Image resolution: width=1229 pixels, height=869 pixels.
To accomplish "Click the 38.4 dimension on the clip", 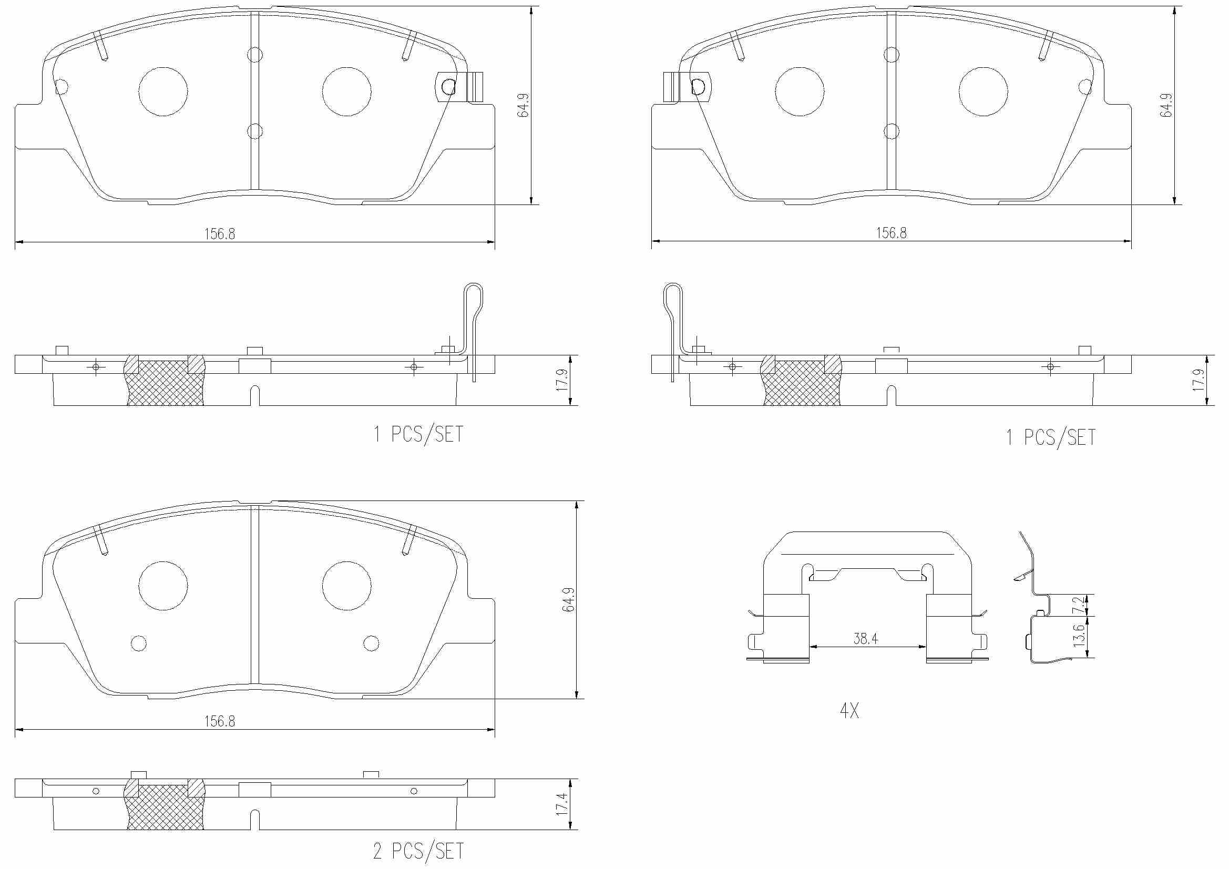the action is point(865,638).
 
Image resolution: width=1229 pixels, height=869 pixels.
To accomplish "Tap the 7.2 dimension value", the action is point(1080,605).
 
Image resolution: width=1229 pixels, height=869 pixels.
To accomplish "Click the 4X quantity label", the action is point(849,711).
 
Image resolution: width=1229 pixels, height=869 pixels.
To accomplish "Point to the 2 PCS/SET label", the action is point(418,851).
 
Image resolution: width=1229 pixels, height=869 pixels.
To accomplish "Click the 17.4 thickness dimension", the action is point(561,804).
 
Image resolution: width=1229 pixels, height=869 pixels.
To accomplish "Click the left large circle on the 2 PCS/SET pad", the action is point(163,586).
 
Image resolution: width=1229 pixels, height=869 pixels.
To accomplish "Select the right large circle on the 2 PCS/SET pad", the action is point(347,586).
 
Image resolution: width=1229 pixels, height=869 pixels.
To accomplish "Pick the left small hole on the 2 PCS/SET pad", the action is point(139,643).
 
